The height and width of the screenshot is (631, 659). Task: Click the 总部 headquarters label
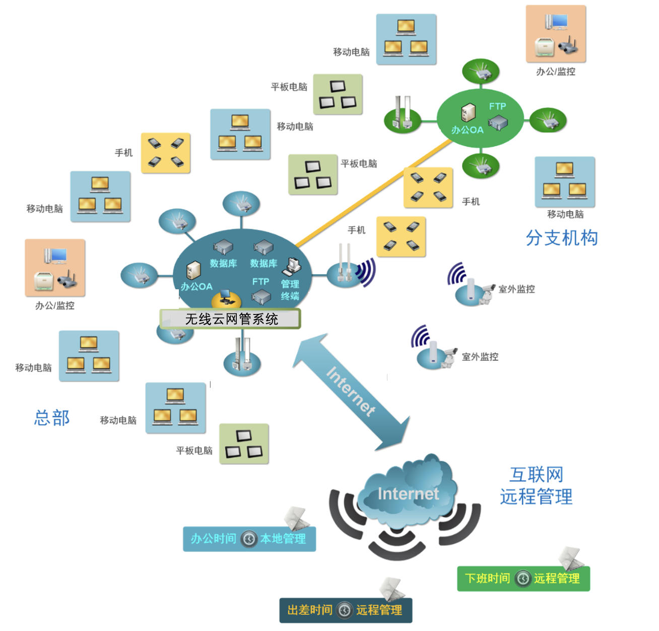52,418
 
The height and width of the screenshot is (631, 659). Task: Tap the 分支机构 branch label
562,238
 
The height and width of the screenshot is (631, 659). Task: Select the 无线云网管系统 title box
231,319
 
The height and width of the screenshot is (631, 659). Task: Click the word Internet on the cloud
408,494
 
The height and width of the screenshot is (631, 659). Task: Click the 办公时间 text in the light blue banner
213,539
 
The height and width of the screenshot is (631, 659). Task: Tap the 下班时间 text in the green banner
487,578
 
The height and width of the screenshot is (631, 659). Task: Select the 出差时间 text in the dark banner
309,610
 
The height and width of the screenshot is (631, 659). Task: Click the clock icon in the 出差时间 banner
345,610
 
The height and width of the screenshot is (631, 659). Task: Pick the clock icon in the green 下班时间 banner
523,578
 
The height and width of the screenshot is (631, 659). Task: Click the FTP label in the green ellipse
497,106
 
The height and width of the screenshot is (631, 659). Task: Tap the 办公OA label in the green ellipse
468,130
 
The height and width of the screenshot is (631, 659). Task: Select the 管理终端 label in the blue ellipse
290,290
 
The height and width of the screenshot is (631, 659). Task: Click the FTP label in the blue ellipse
260,282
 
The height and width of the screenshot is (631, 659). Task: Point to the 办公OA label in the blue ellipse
196,287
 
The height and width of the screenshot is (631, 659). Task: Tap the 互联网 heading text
536,474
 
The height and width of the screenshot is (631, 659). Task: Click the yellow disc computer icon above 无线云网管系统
226,299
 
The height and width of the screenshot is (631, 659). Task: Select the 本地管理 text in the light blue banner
283,539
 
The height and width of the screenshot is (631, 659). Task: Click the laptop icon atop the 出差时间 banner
392,589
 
